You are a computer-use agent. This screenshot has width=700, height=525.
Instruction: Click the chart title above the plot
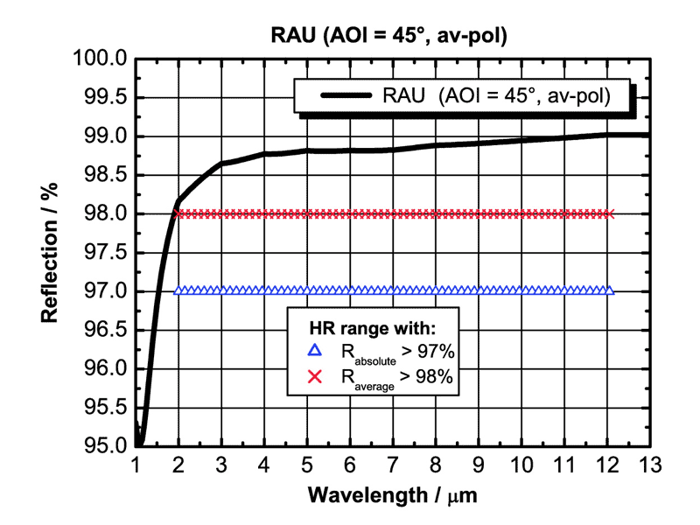coord(389,36)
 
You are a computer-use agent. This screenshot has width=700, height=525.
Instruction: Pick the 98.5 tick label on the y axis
coord(107,175)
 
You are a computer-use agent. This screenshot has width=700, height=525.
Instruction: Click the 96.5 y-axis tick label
coord(107,330)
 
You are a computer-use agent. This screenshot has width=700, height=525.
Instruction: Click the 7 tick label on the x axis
coord(393,465)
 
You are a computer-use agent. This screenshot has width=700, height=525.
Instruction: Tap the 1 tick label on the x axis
coord(136,465)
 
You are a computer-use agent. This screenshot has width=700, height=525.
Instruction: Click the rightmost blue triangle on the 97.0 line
coord(609,290)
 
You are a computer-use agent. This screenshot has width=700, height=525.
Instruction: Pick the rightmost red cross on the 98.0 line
coord(609,213)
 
